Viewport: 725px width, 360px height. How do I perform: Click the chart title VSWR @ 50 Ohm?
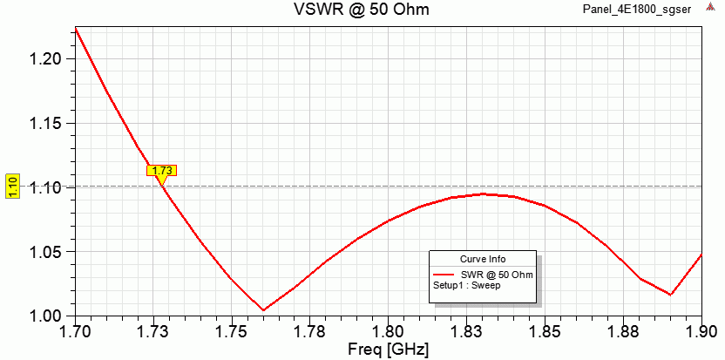click(361, 10)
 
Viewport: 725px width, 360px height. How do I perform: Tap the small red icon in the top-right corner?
click(710, 8)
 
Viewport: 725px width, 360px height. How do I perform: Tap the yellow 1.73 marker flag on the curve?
click(162, 171)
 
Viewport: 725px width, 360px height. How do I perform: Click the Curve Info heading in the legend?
click(483, 259)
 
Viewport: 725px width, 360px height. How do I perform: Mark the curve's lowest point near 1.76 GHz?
click(263, 309)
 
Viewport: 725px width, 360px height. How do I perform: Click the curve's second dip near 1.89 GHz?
click(670, 295)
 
